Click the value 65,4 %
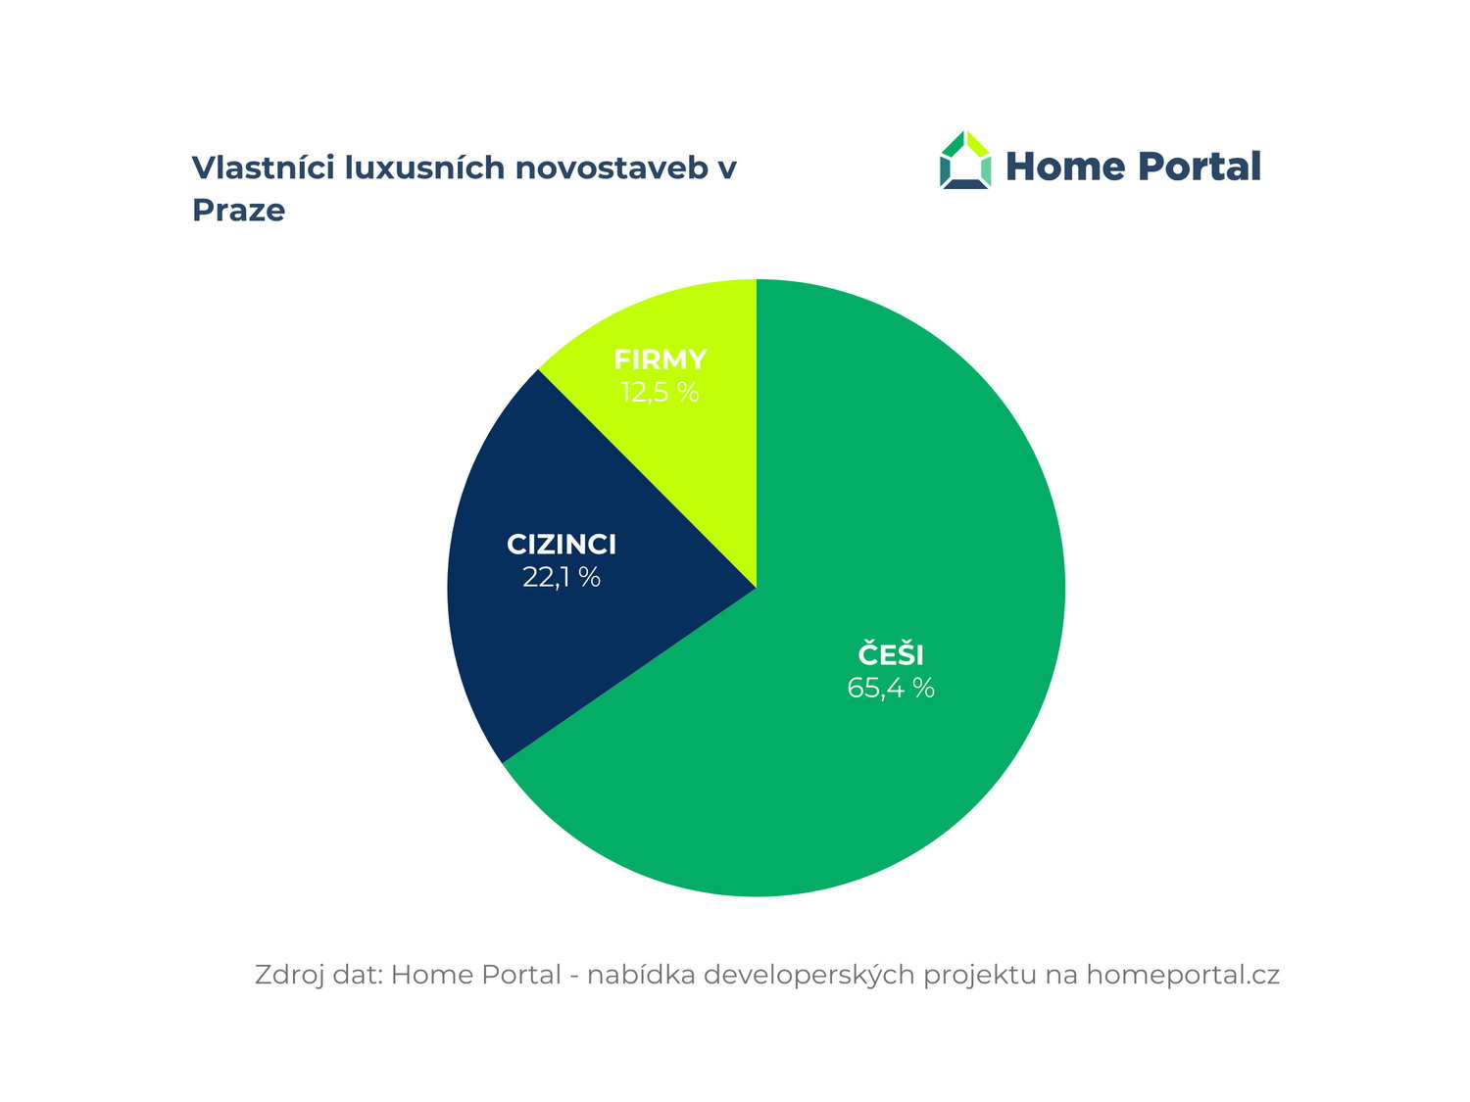click(890, 688)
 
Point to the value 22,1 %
click(562, 577)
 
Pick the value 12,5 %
click(660, 392)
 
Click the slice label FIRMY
click(661, 359)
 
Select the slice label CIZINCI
click(562, 545)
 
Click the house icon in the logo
click(965, 160)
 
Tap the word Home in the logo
click(1065, 166)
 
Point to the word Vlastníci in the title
click(264, 168)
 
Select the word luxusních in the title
click(424, 168)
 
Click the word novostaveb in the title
click(612, 168)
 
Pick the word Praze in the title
click(238, 211)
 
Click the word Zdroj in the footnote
click(289, 975)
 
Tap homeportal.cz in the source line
click(1182, 975)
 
